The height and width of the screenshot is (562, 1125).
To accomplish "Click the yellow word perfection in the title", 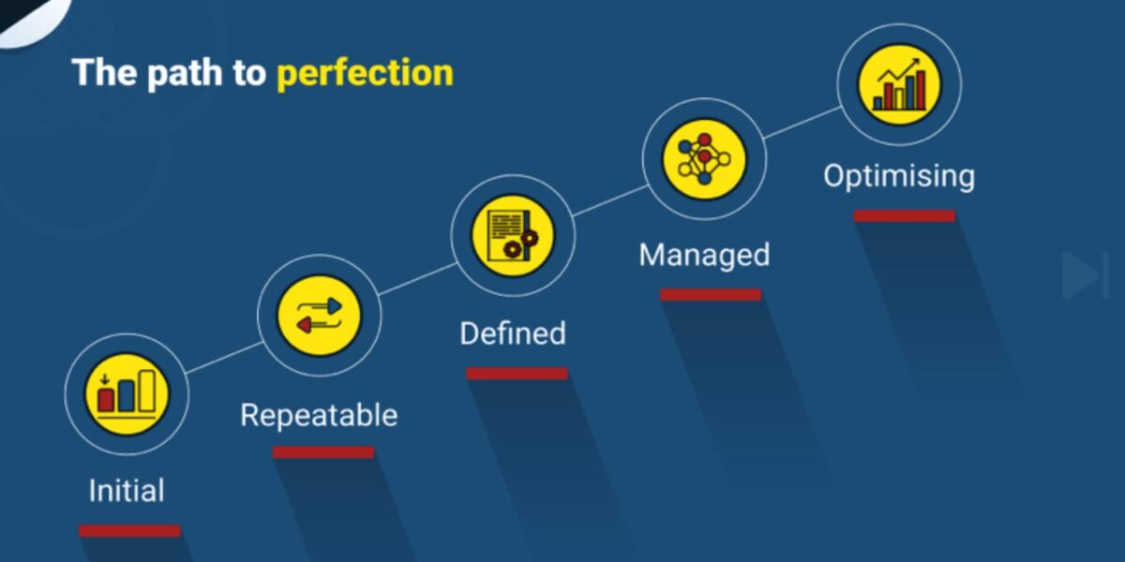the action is tap(365, 73).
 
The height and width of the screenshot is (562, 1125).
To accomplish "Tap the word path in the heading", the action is tap(185, 73).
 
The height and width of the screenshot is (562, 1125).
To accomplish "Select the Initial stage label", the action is tap(127, 490).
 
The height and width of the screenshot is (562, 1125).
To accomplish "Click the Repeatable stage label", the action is tap(319, 416).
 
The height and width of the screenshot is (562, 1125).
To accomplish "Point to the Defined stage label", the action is tap(513, 333).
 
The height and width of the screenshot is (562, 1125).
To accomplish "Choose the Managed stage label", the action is tap(704, 255).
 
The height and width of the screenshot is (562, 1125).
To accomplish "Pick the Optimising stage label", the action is tap(899, 177).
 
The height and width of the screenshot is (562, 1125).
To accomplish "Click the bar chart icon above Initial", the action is tap(127, 394).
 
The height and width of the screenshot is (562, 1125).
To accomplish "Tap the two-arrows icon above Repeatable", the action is tap(320, 316).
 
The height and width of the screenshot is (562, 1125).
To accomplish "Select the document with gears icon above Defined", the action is tap(513, 236).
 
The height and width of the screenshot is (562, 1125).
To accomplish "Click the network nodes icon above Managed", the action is tap(704, 159).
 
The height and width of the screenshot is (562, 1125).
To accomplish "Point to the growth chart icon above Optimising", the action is tap(899, 84).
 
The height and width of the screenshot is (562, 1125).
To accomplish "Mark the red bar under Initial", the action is tap(129, 531).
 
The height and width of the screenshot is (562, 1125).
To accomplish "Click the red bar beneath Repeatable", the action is tap(323, 452).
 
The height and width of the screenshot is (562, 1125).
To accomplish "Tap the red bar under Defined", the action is tap(517, 374).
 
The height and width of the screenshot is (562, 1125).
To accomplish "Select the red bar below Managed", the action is tap(711, 294).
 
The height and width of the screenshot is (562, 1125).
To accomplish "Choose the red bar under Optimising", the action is tap(905, 215).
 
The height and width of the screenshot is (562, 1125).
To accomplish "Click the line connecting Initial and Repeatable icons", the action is tap(224, 358).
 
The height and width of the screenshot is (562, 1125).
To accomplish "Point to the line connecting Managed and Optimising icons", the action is tap(802, 122).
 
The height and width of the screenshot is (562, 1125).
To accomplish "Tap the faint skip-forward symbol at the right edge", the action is tap(1086, 276).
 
